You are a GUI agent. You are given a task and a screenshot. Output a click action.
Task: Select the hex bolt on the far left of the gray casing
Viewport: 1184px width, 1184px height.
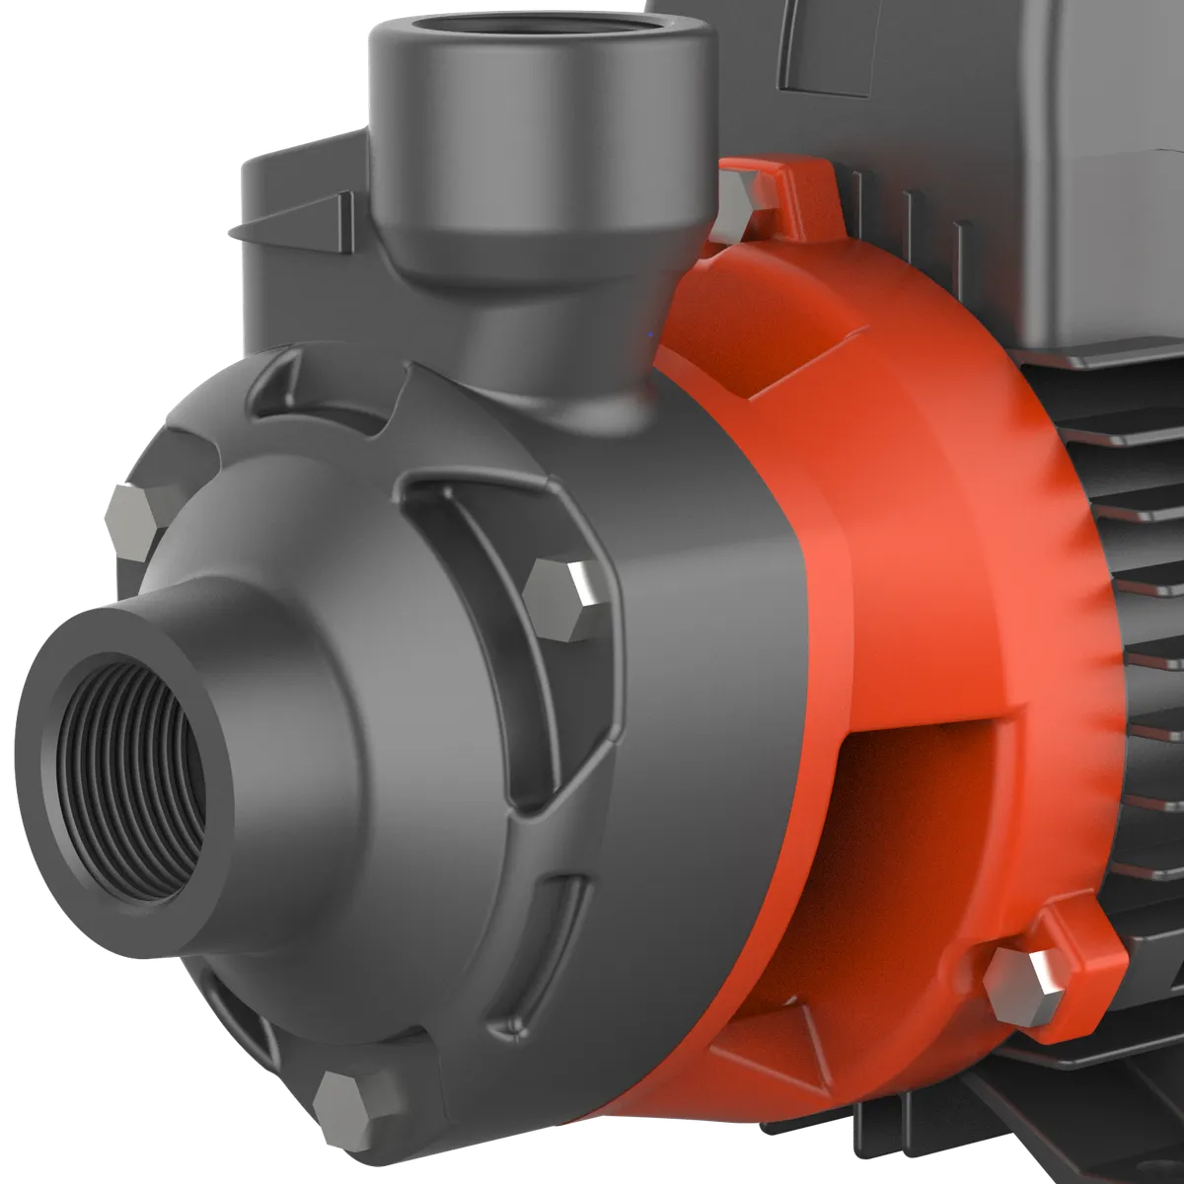coord(131,513)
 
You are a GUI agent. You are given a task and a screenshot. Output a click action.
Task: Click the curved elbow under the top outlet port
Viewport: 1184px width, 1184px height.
coord(572,375)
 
